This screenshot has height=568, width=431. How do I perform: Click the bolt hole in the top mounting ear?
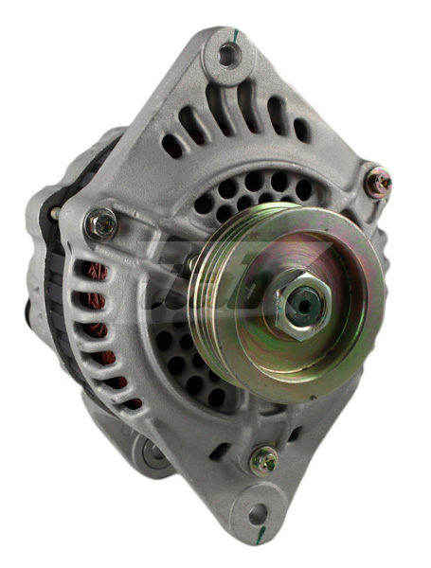click(227, 54)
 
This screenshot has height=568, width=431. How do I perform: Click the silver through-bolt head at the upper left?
click(99, 224)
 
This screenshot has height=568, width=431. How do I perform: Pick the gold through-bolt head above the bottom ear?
click(264, 462)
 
